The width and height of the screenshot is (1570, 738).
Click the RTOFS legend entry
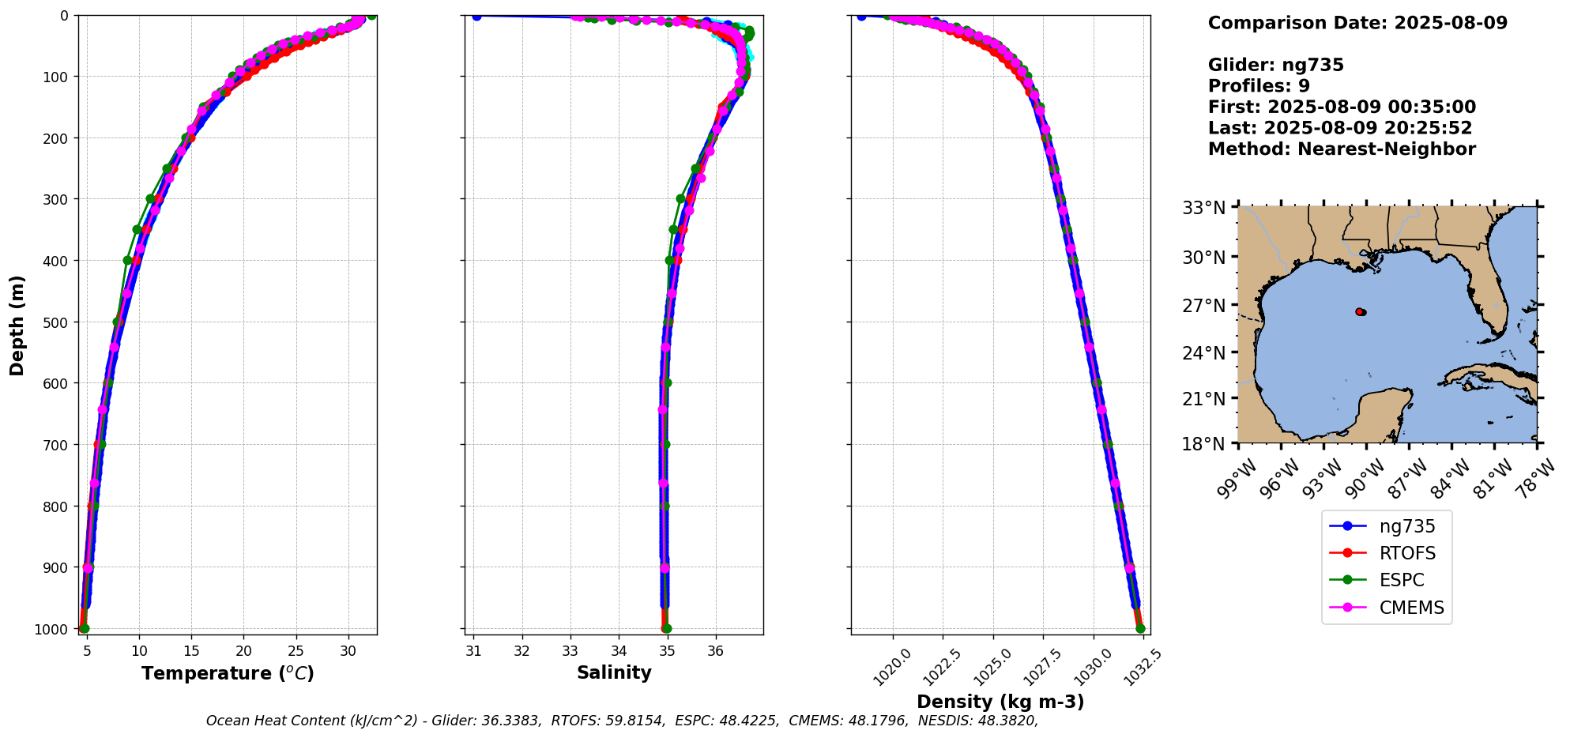point(1407,553)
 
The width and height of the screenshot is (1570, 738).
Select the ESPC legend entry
point(1401,580)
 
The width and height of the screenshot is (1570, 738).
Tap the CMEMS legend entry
point(1411,608)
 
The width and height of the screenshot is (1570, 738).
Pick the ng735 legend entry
point(1406,526)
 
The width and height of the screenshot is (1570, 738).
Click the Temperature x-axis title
point(228,673)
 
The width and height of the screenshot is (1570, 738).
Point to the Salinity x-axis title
point(614,672)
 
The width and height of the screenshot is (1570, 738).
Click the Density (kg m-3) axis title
point(1000,702)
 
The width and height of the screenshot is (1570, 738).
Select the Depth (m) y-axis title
point(17,326)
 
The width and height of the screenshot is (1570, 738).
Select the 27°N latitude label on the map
point(1203,306)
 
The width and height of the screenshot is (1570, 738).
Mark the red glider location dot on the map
point(1359,312)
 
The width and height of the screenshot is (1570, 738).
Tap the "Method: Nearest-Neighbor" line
point(1342,149)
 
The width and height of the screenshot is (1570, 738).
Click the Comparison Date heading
point(1357,23)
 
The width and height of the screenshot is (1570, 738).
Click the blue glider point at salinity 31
point(476,16)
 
